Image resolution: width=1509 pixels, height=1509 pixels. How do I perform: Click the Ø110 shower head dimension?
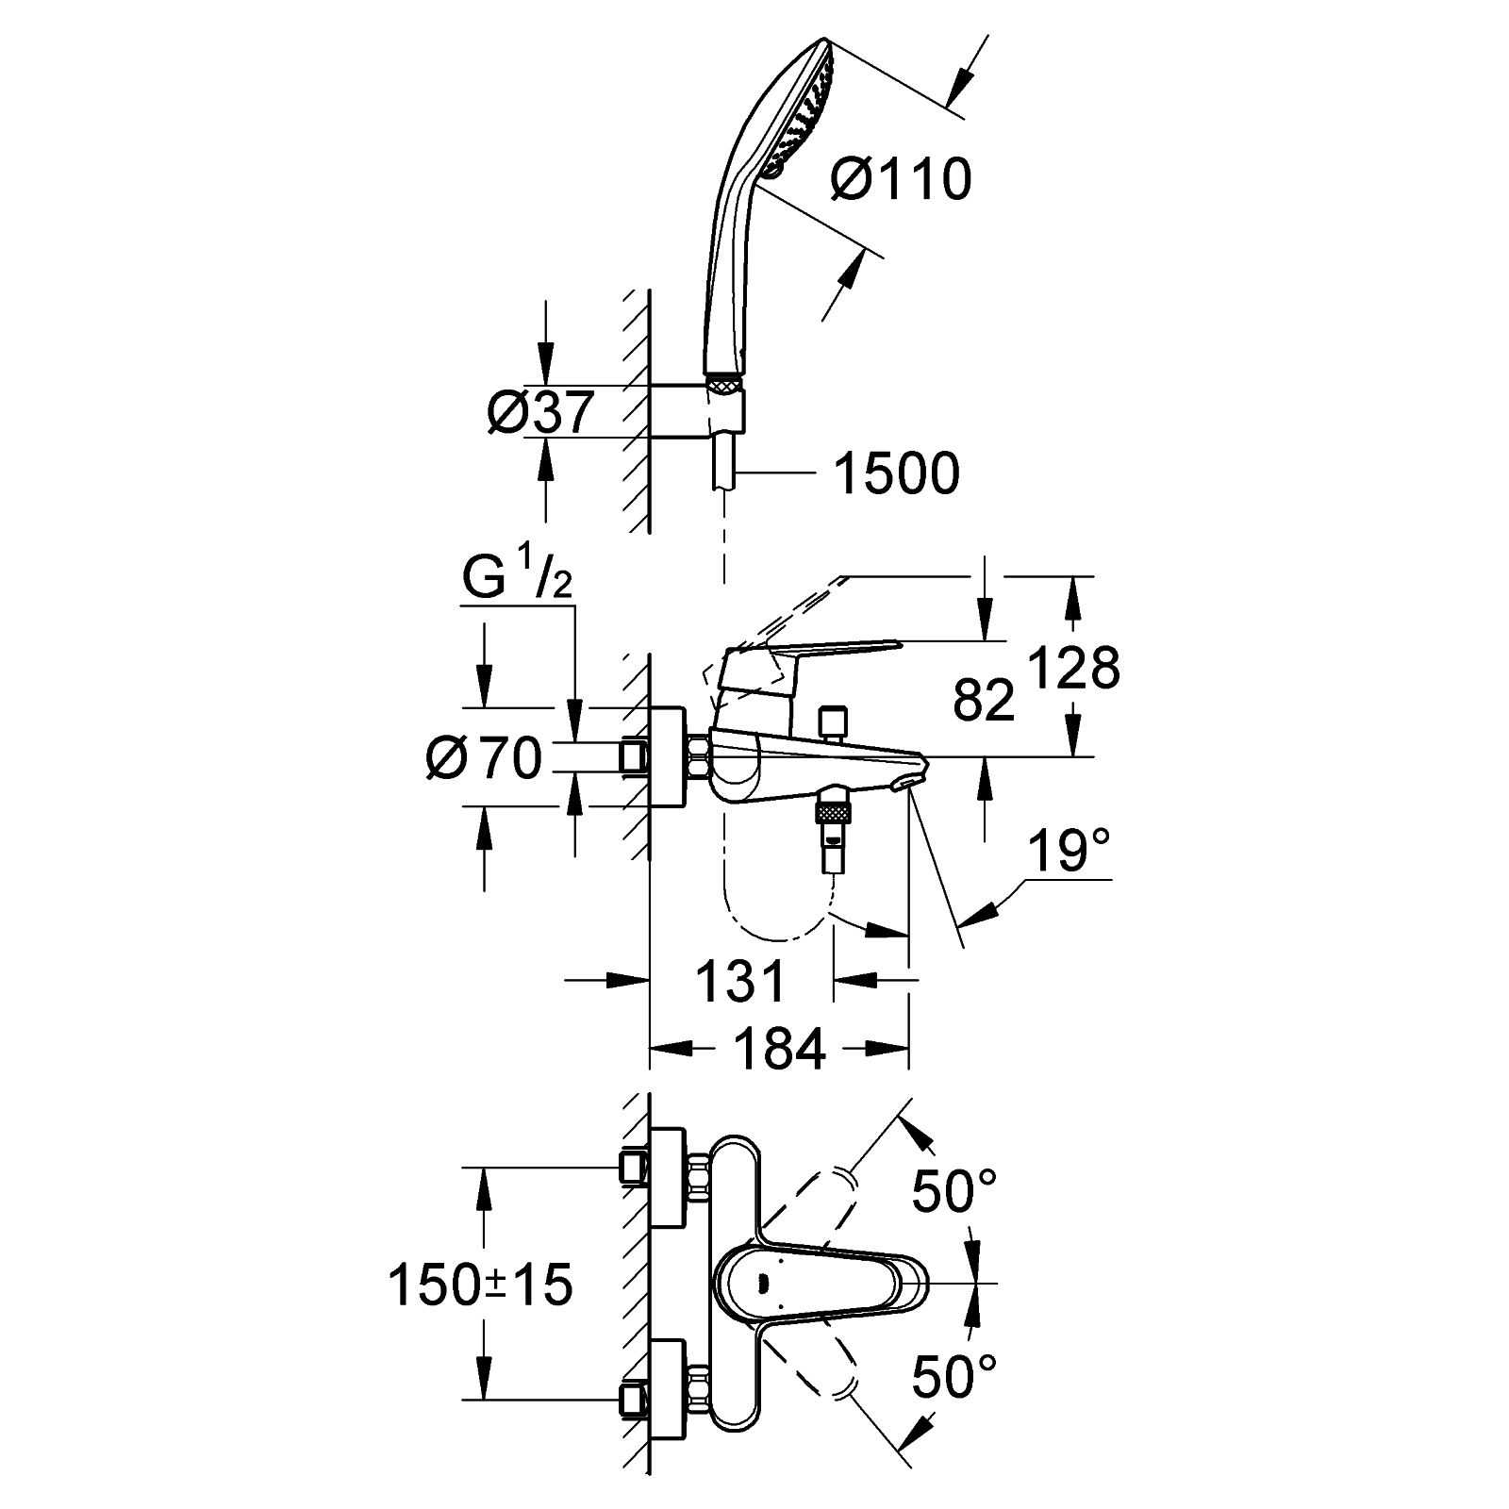[901, 179]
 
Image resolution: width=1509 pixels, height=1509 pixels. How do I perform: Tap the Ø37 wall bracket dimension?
[541, 412]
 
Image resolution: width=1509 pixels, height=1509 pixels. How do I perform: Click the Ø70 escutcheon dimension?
[484, 757]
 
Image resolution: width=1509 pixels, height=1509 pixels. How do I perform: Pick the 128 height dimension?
[1074, 667]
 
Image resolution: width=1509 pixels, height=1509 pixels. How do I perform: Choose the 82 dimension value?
[983, 699]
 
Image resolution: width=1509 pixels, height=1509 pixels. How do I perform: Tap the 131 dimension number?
[739, 981]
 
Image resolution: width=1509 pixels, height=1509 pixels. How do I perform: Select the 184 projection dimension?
[778, 1048]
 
